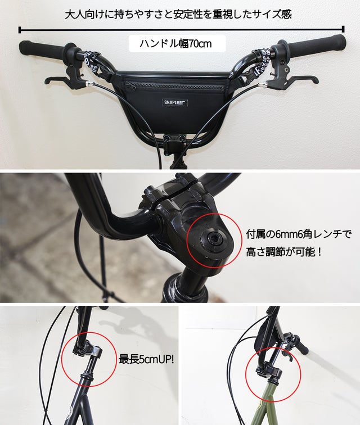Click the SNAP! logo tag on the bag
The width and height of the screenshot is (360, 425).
tap(175, 102)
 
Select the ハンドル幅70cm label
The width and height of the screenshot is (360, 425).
tap(177, 43)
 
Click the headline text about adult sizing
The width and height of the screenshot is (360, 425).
tap(178, 14)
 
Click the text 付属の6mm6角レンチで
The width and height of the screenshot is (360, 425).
tap(299, 234)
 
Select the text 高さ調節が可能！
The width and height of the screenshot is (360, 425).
tap(284, 252)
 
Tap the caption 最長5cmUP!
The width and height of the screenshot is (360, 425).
tap(146, 359)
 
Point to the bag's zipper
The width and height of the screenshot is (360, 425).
tap(174, 86)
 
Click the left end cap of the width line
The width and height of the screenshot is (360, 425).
tap(20, 30)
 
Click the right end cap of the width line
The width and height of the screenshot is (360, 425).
tap(344, 29)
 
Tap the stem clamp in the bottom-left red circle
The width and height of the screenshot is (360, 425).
tap(87, 350)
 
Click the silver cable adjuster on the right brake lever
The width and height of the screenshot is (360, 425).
tap(262, 85)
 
